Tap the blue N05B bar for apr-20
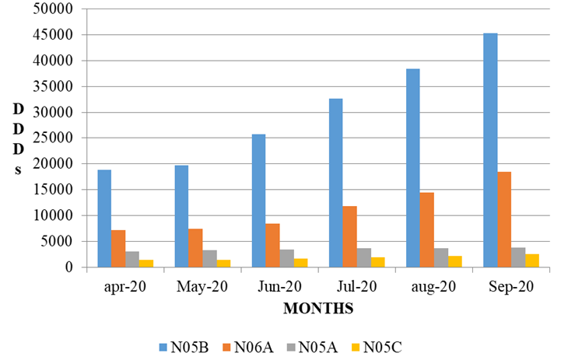[104, 218]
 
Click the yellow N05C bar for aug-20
[455, 261]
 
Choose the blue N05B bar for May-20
[181, 216]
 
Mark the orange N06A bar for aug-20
[427, 229]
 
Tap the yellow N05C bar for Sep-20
[532, 260]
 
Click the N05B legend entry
[181, 346]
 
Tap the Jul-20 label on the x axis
[357, 286]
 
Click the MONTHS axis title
[318, 308]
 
